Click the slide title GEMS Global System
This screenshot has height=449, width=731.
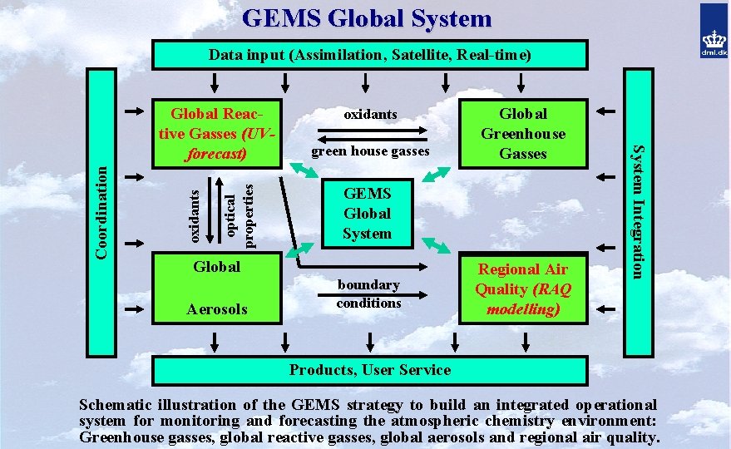(367, 17)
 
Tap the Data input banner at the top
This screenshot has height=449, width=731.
(368, 55)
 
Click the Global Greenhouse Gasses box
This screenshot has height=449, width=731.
(523, 133)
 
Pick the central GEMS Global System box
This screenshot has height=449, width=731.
(367, 213)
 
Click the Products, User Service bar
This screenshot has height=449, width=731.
(369, 370)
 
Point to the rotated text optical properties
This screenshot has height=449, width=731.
(239, 212)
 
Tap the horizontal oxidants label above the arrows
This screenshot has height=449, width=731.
(371, 114)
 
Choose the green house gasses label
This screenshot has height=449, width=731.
(370, 151)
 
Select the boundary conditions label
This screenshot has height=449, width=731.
(368, 294)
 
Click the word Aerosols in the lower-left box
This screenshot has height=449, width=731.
(216, 309)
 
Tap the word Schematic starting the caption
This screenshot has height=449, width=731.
(112, 404)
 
